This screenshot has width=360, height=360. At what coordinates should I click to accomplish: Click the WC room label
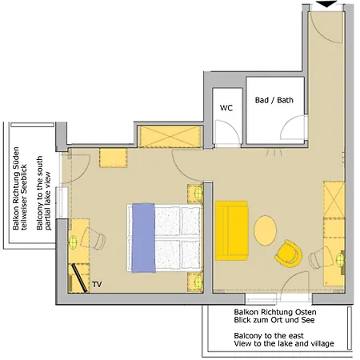[x=226, y=108]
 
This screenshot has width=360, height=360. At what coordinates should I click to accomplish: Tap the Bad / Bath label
[x=274, y=100]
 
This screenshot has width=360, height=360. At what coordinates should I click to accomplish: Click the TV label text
[x=97, y=285]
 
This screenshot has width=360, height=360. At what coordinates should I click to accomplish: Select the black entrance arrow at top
[x=326, y=4]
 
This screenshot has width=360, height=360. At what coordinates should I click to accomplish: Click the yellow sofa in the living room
[x=232, y=230]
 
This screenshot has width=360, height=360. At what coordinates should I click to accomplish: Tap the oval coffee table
[x=265, y=230]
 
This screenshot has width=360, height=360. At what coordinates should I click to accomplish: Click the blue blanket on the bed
[x=143, y=238]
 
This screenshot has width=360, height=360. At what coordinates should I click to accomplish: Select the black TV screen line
[x=79, y=278]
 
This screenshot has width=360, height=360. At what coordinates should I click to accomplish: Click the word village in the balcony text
[x=322, y=343]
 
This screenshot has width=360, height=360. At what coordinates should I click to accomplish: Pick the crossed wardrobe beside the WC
[x=170, y=136]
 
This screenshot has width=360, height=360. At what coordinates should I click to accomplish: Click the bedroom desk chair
[x=93, y=238]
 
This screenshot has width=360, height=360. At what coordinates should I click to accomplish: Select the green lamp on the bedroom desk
[x=73, y=242]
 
